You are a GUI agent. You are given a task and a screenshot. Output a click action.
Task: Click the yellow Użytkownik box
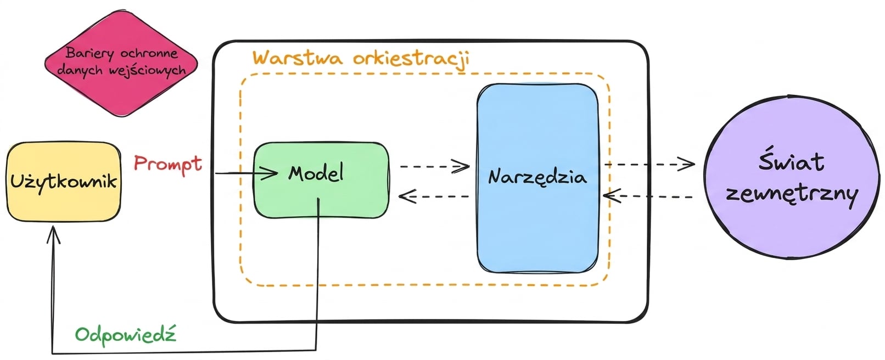pyautogui.click(x=64, y=182)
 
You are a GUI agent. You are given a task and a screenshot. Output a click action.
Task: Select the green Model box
pyautogui.click(x=321, y=180)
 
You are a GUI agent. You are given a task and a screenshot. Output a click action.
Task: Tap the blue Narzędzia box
pyautogui.click(x=537, y=178)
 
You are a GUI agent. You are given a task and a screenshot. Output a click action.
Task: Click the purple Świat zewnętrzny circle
pyautogui.click(x=792, y=178)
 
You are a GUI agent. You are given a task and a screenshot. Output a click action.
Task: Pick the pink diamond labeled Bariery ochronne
pyautogui.click(x=121, y=63)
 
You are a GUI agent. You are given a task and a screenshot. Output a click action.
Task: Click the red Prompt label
pyautogui.click(x=168, y=164)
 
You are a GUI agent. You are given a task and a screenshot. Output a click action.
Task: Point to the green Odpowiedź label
pyautogui.click(x=126, y=336)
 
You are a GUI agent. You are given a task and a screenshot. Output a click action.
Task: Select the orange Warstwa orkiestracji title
pyautogui.click(x=361, y=59)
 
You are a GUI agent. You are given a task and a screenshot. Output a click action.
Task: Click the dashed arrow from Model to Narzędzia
pyautogui.click(x=435, y=166)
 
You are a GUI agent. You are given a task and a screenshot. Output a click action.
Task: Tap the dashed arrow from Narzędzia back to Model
pyautogui.click(x=433, y=196)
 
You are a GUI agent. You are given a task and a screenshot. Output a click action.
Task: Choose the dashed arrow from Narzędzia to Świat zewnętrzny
pyautogui.click(x=649, y=164)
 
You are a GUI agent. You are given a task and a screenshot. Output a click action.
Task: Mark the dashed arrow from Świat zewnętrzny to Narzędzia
pyautogui.click(x=648, y=196)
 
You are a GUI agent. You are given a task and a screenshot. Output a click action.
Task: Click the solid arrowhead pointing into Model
pyautogui.click(x=270, y=173)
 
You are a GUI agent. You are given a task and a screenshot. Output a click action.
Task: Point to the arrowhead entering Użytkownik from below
pyautogui.click(x=53, y=234)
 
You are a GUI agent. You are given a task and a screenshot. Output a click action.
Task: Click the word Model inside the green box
pyautogui.click(x=316, y=173)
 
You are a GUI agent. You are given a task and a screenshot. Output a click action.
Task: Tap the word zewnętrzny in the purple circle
pyautogui.click(x=792, y=195)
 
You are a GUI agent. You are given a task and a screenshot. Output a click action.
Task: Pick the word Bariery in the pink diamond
pyautogui.click(x=89, y=53)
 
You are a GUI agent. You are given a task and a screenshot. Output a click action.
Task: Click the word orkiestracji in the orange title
pyautogui.click(x=411, y=59)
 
